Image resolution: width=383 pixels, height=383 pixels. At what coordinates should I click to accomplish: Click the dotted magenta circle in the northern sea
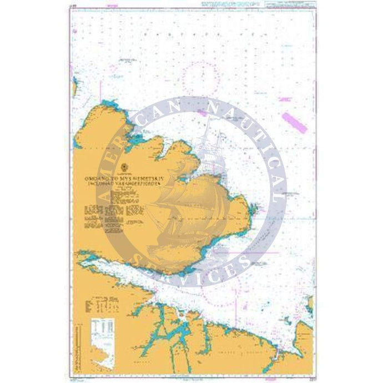[x=199, y=76]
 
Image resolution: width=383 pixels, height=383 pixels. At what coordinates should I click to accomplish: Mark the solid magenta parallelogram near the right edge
[x=294, y=122]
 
